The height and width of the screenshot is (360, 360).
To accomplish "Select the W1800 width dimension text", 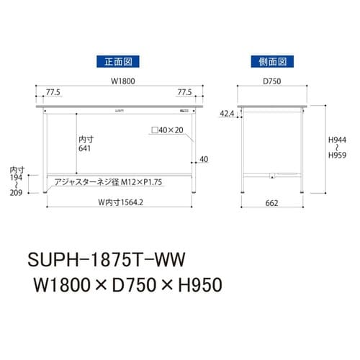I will [119, 81].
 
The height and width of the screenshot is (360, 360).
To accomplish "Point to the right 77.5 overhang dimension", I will [185, 93].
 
